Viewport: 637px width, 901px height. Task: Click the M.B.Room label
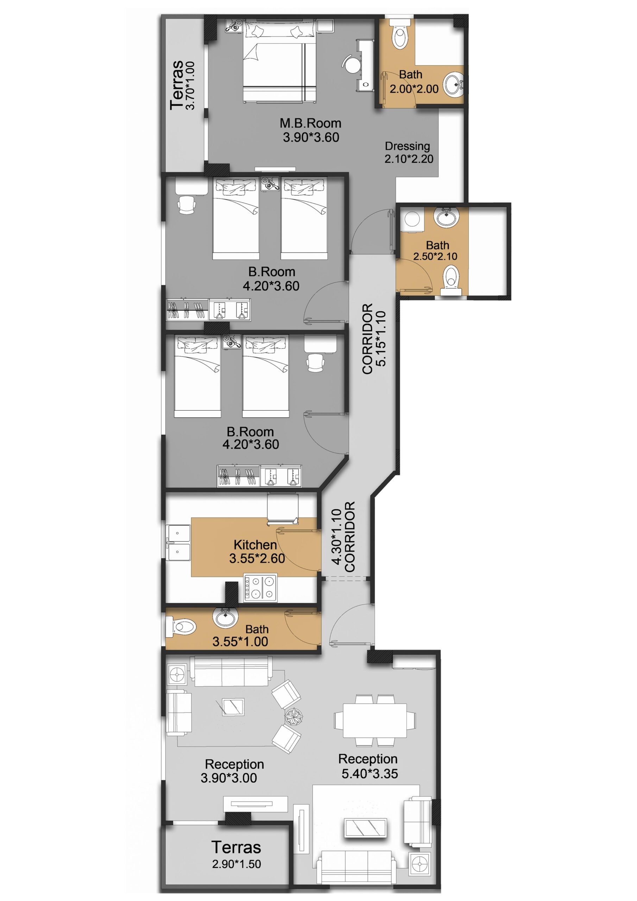click(x=310, y=123)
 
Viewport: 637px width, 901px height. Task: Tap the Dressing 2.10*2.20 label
click(x=409, y=152)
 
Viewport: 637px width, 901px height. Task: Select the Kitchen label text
click(x=255, y=545)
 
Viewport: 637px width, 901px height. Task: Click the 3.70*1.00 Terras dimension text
click(x=190, y=85)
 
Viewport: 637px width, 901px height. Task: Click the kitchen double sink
click(x=178, y=543)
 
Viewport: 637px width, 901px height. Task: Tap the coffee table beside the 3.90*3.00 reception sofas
click(x=232, y=707)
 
